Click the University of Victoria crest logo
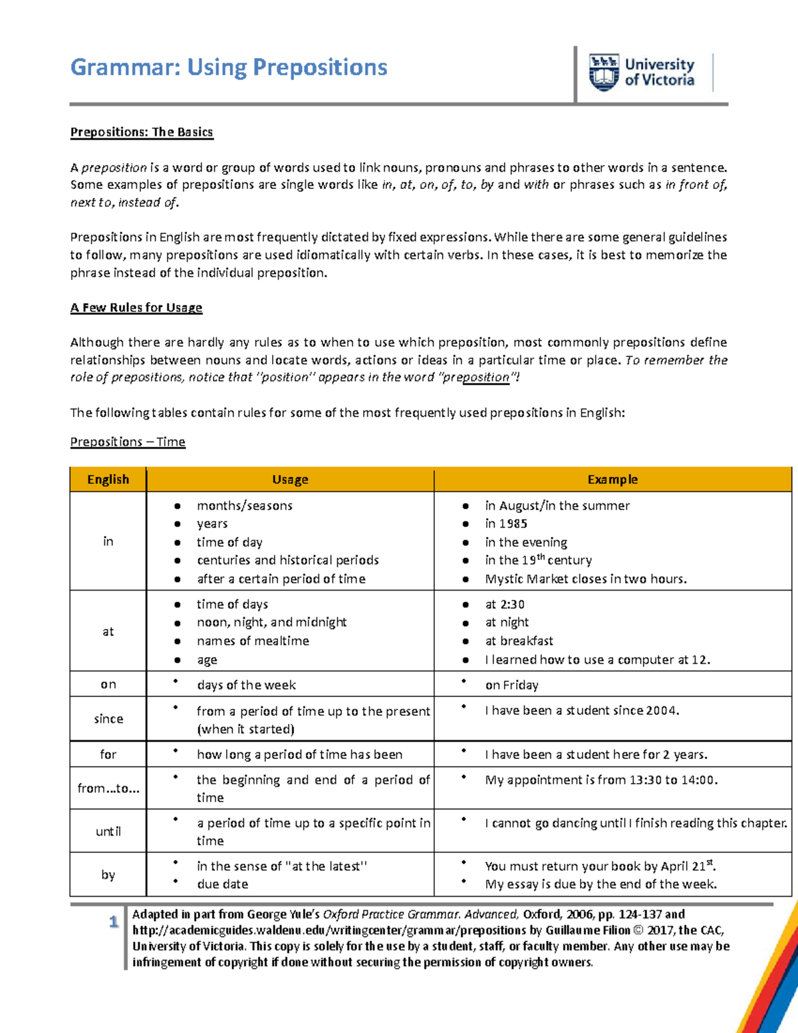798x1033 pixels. click(x=604, y=73)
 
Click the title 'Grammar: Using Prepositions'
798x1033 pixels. click(x=229, y=67)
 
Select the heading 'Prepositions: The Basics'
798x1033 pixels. click(x=142, y=132)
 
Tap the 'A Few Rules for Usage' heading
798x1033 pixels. click(x=136, y=307)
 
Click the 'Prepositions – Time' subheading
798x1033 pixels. click(x=128, y=442)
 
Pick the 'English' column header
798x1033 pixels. click(x=108, y=480)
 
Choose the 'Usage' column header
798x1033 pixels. click(x=290, y=480)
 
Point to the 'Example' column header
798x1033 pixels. click(x=612, y=480)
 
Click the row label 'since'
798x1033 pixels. click(x=108, y=718)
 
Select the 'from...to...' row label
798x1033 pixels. click(x=108, y=788)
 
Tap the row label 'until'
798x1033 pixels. click(x=108, y=831)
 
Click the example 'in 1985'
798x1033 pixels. click(x=506, y=523)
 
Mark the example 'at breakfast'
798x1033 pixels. click(x=519, y=641)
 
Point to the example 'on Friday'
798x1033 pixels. click(x=511, y=685)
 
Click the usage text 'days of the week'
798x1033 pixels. click(x=246, y=685)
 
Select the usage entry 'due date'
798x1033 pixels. click(x=222, y=884)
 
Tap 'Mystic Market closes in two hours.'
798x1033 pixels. click(x=585, y=579)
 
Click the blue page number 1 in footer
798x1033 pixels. click(x=114, y=922)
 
